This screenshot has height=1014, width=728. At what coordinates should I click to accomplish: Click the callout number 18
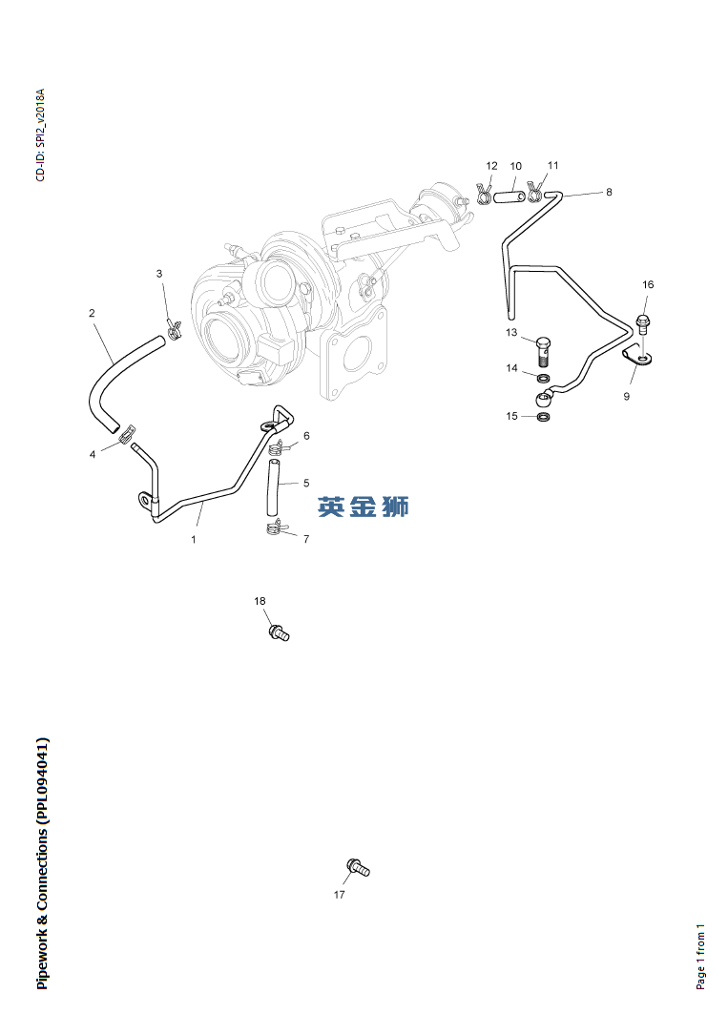[260, 601]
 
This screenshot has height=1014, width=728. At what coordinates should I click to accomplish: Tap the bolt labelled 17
[358, 867]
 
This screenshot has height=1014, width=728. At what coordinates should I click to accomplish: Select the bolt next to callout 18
[279, 631]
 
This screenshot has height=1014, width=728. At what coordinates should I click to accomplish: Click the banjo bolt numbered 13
[544, 350]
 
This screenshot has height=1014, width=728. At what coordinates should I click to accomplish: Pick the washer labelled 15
[543, 416]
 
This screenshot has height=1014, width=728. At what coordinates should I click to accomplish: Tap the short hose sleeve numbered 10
[511, 197]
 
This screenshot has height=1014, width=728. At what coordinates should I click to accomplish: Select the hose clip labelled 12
[484, 195]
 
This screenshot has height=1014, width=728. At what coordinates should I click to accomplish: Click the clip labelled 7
[274, 527]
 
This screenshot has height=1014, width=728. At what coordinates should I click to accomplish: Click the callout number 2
[92, 313]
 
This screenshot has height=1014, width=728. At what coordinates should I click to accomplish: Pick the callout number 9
[627, 396]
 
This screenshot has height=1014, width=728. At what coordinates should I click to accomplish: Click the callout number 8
[609, 192]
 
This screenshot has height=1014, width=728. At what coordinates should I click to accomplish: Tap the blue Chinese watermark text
[364, 507]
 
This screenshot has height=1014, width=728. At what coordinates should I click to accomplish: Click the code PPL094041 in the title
[42, 779]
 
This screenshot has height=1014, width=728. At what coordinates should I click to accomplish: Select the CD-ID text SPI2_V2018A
[40, 122]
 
